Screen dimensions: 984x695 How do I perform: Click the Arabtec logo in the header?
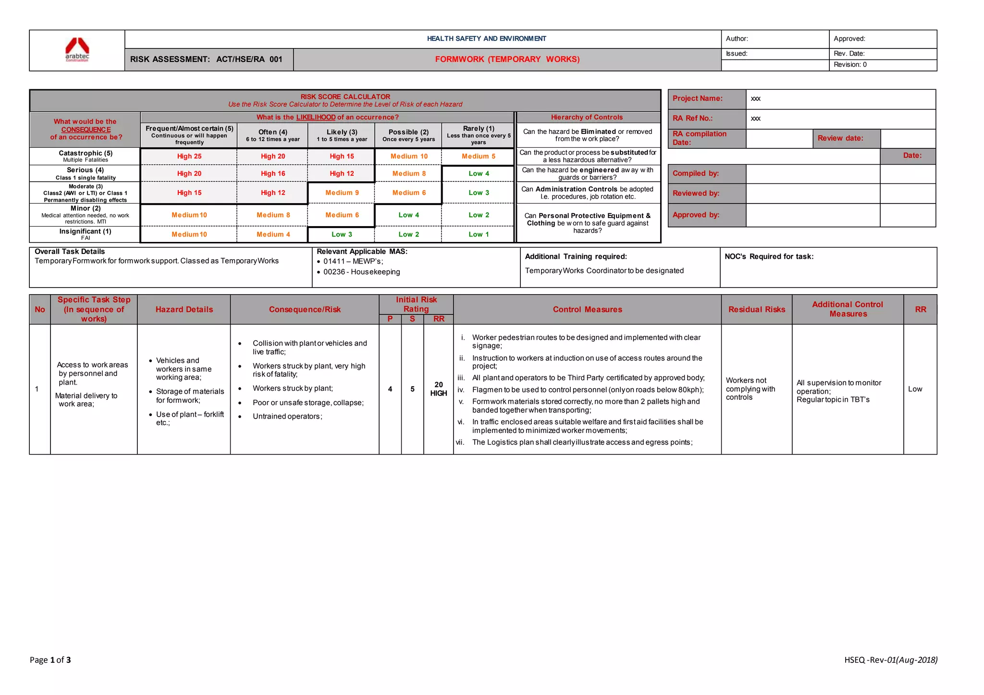tap(77, 49)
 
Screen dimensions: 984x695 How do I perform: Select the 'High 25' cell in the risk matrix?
tap(189, 156)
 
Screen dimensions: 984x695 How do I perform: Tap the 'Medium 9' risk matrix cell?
tap(342, 193)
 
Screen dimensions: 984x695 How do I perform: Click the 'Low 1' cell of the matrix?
tap(479, 234)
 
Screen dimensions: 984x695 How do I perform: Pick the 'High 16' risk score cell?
tap(273, 174)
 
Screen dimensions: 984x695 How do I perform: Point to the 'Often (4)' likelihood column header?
tap(273, 135)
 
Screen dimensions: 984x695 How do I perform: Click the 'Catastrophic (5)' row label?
tap(86, 156)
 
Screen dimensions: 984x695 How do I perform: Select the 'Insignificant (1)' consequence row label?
tap(86, 234)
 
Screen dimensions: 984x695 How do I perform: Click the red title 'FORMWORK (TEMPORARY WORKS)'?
tap(507, 60)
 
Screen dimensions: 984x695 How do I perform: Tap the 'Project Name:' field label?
tap(697, 98)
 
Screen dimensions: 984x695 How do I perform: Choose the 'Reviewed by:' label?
tap(696, 193)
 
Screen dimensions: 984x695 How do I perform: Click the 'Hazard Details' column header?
tap(184, 310)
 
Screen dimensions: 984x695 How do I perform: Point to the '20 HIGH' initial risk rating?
tap(438, 389)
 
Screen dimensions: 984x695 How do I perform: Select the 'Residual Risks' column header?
tap(756, 310)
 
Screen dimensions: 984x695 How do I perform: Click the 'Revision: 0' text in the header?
tap(850, 65)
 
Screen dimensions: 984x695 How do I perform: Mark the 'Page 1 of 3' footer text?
tap(50, 660)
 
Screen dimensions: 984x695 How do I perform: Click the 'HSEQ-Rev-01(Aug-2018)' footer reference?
tap(890, 660)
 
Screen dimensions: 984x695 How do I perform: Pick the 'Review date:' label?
tap(840, 138)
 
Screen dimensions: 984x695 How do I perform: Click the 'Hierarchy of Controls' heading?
tap(587, 118)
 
